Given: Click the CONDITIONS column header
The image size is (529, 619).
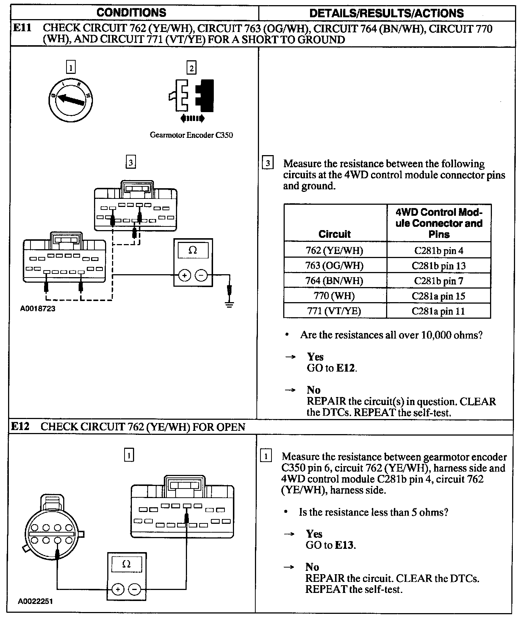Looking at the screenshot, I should point(131,12).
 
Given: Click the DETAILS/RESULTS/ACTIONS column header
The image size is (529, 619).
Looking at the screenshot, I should point(386,13).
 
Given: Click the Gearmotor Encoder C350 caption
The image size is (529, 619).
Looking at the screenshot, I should point(191,135).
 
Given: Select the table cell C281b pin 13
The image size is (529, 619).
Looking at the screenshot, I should point(439,265).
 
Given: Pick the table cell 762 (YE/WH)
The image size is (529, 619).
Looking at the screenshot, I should point(334,250).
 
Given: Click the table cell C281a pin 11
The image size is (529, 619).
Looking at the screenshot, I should point(438,311).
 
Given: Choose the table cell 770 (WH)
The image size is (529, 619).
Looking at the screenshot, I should point(334,296).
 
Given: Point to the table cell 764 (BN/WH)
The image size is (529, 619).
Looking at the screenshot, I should point(334,281).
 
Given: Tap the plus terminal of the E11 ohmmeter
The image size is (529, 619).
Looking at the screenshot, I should point(184,275).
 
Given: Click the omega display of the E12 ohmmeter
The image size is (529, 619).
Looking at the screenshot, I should point(126,564).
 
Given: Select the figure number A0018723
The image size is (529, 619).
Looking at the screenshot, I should point(37,308).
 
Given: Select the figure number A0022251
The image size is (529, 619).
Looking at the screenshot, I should point(35,601).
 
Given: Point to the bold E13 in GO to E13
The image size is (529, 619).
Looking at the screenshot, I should point(345,545).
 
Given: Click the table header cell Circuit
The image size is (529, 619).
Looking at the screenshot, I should point(334,234).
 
